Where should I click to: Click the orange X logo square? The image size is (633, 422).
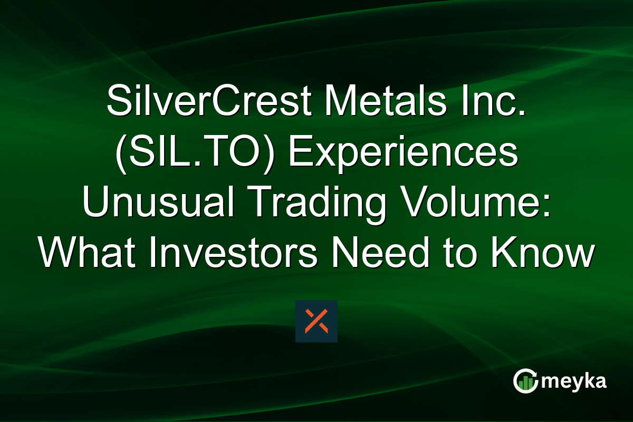[x=316, y=321]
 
